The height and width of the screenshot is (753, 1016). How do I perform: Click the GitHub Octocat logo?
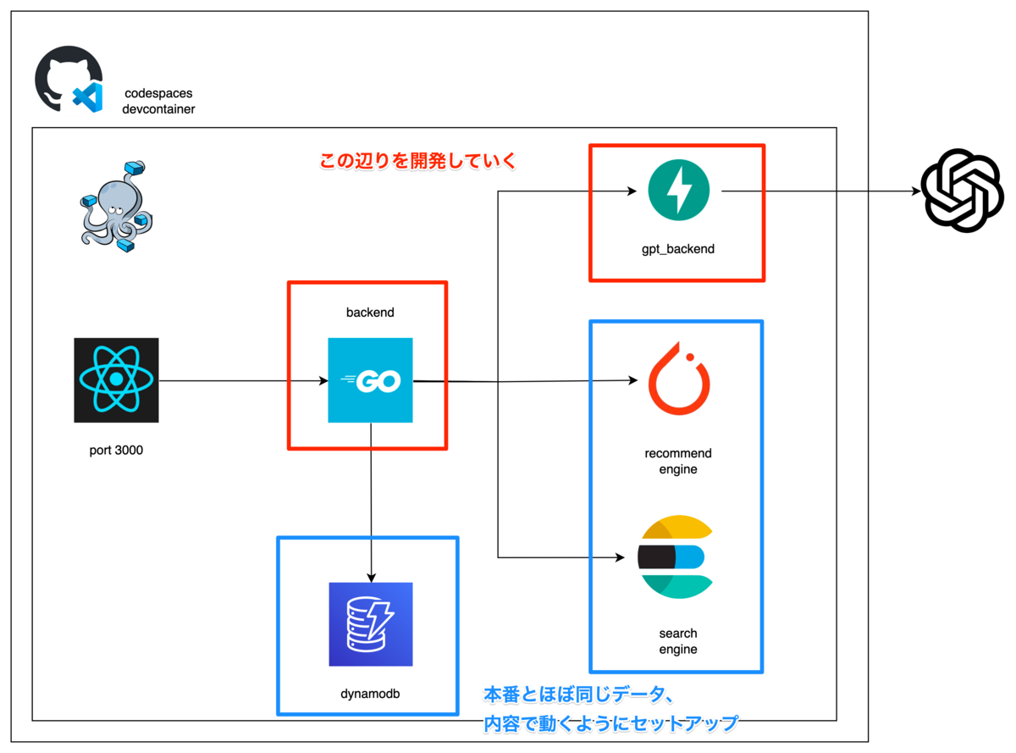pos(61,76)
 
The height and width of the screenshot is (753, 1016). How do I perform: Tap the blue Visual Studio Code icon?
pos(87,97)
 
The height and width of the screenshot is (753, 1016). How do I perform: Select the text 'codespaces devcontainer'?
pos(158,101)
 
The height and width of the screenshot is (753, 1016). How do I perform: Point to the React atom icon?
pos(116,380)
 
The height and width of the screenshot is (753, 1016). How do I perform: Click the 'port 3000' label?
pos(116,450)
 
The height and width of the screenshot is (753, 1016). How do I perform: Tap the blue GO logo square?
pos(370,380)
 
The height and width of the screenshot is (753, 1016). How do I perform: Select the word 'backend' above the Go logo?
pos(370,313)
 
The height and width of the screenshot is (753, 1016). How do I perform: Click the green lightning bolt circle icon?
pos(678,191)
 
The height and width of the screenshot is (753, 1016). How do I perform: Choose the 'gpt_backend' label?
pos(678,249)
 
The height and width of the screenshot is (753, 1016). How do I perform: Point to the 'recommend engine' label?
pos(678,461)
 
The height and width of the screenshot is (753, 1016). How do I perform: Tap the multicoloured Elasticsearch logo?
pos(676,556)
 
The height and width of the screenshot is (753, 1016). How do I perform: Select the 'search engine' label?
pos(678,641)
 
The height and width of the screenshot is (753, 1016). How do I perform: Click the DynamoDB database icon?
pos(371,624)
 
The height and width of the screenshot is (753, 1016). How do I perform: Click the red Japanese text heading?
pos(417,161)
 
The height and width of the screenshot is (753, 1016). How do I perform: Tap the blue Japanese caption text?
pos(610,710)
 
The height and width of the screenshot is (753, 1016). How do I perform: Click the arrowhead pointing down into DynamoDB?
pos(371,576)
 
